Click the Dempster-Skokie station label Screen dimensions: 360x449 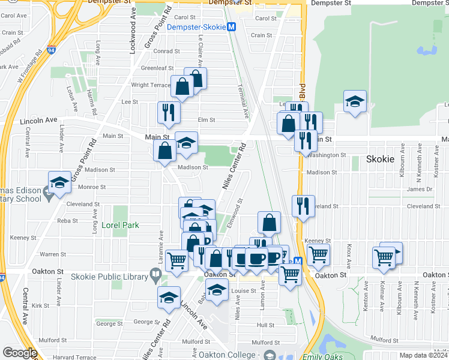tap(196, 27)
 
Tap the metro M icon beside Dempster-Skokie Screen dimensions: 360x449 tap(232, 27)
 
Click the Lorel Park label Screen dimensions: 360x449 tap(120, 226)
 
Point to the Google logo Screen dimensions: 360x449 tap(19, 353)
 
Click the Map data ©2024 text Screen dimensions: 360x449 tap(423, 355)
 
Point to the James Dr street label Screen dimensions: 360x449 tap(420, 190)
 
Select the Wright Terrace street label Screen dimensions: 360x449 tap(151, 85)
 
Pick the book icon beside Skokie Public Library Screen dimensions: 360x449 tap(156, 276)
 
